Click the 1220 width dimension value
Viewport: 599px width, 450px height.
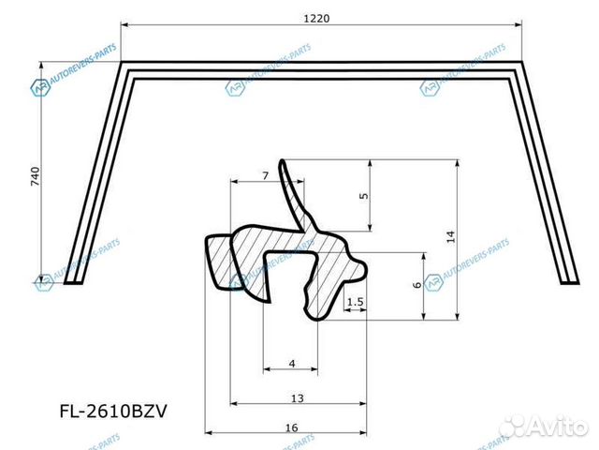click(x=316, y=17)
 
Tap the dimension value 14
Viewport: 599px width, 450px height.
click(x=450, y=237)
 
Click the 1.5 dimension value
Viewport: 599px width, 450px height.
click(x=354, y=302)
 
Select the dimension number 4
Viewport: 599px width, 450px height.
click(x=291, y=363)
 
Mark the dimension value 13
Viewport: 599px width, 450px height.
click(x=297, y=398)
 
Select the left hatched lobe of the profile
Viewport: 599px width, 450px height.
click(x=221, y=262)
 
